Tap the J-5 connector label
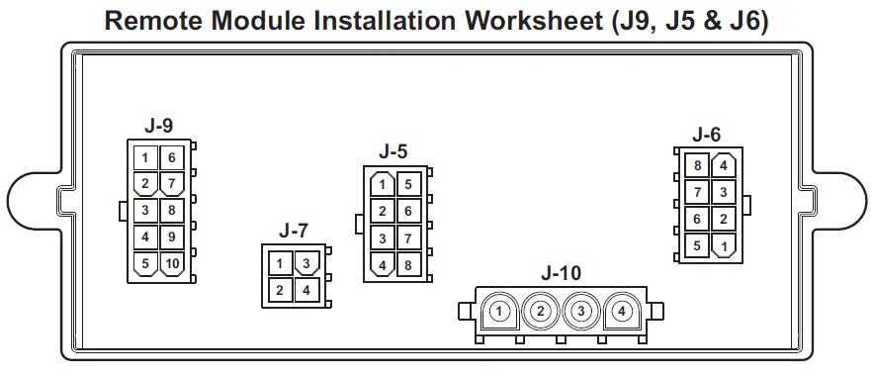point(393,151)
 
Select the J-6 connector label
point(707,134)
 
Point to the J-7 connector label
point(294,231)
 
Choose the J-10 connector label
point(561,272)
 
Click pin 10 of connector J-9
point(172,263)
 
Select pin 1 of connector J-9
point(145,157)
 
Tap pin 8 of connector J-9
point(172,210)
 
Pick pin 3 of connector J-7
point(306,263)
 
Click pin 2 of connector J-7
point(281,290)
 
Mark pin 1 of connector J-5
point(382,183)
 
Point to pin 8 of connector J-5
point(407,264)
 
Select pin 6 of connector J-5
point(407,210)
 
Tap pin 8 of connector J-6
point(698,165)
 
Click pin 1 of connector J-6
point(725,245)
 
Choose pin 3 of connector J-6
point(725,192)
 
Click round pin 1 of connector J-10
point(500,312)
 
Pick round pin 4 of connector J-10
point(622,312)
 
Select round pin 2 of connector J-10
point(541,312)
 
